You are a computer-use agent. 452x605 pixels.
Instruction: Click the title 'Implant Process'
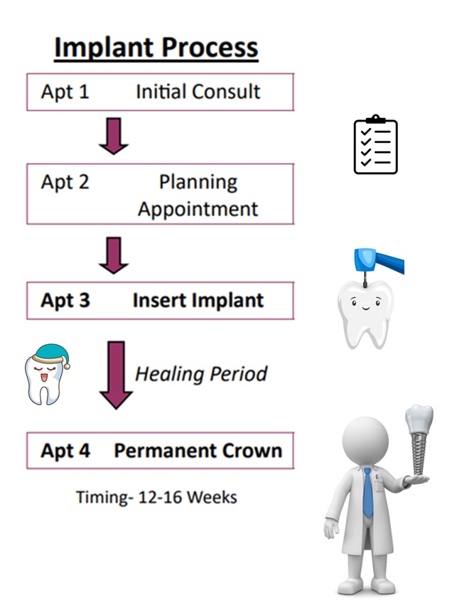click(x=156, y=48)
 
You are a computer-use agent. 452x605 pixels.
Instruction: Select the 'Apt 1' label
click(x=65, y=92)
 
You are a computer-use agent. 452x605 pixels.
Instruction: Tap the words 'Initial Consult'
click(x=198, y=92)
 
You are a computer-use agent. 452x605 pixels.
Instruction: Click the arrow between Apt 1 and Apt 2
click(x=114, y=136)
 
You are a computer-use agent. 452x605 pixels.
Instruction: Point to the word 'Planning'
click(x=198, y=183)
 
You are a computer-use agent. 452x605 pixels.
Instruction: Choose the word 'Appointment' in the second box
click(x=198, y=210)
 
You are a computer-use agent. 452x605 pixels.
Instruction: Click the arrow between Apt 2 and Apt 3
click(x=114, y=255)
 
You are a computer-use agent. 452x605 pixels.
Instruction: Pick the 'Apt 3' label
click(x=65, y=301)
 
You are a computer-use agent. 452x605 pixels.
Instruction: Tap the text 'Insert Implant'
click(x=198, y=301)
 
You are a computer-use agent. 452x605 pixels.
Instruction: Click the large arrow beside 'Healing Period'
click(x=116, y=375)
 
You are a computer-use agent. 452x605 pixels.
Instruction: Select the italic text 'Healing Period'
click(x=201, y=374)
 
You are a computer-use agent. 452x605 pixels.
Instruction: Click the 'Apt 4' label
click(x=65, y=451)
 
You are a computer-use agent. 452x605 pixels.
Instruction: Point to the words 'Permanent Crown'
click(x=198, y=451)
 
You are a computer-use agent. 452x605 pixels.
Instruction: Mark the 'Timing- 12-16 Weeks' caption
click(x=156, y=498)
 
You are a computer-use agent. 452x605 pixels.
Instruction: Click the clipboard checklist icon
click(x=376, y=144)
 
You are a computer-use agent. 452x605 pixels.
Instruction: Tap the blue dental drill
click(x=378, y=264)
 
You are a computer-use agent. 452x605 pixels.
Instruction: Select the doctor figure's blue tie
click(x=368, y=493)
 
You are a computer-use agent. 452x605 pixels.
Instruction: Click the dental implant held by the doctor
click(x=419, y=439)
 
